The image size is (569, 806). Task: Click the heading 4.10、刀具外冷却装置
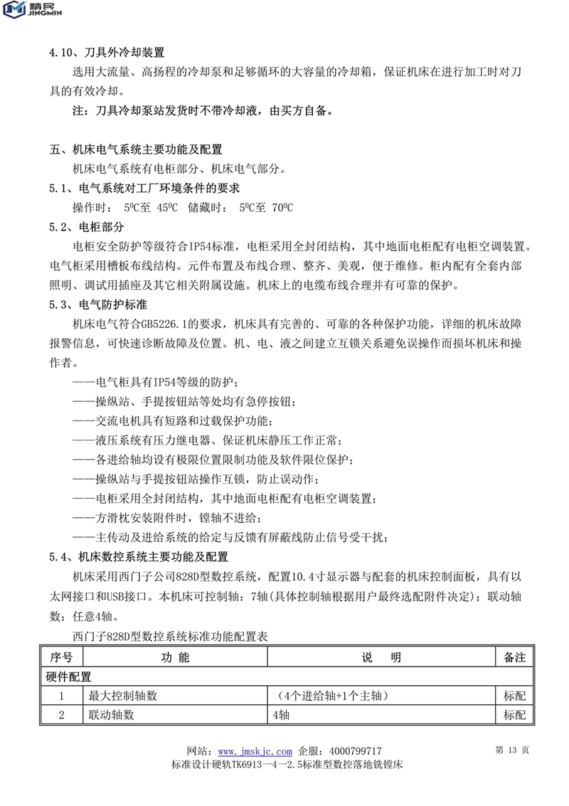[x=107, y=53]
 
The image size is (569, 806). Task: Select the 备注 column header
[x=514, y=657]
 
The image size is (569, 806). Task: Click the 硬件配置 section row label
[x=69, y=677]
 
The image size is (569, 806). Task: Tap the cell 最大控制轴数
[x=122, y=696]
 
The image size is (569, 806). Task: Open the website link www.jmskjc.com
[x=255, y=751]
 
